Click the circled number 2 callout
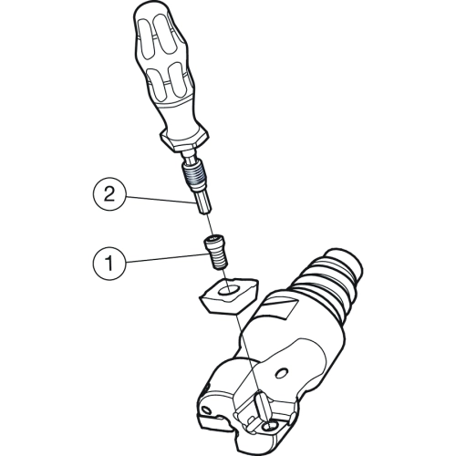click(109, 194)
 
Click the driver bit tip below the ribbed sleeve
click(203, 203)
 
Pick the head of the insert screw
click(216, 243)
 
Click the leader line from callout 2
click(160, 199)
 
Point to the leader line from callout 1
click(165, 258)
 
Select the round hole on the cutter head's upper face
click(283, 372)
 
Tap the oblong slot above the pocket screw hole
click(263, 407)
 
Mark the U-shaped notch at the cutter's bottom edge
click(225, 422)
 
